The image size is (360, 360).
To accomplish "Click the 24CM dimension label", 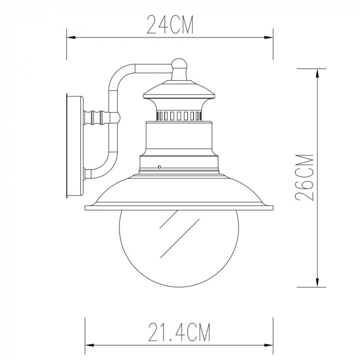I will [170, 24].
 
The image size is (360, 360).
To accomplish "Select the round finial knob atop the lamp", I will [178, 64].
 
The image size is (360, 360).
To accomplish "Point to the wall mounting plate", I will [74, 147].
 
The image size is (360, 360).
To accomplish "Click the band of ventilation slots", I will [178, 115].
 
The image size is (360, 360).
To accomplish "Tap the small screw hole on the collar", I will [160, 167].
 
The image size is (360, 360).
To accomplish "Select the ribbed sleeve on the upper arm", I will [98, 118].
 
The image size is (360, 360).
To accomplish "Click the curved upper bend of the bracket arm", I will [117, 75].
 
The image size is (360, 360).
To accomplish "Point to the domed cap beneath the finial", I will [178, 87].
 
